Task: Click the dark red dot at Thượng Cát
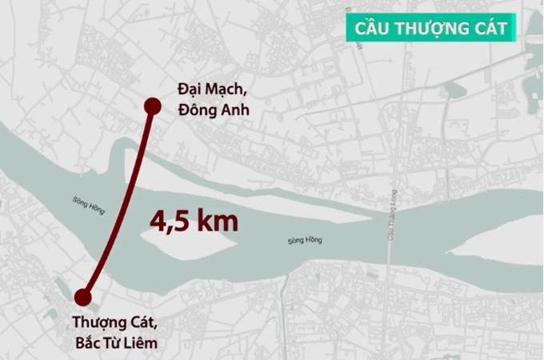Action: pos(82,298)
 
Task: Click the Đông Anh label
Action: pos(214,110)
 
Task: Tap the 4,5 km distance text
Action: pos(194,219)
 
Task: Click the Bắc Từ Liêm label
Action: pos(114,344)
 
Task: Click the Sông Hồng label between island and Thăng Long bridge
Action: pos(302,241)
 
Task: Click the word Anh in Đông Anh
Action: pos(234,110)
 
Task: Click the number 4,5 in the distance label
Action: pos(172,219)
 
